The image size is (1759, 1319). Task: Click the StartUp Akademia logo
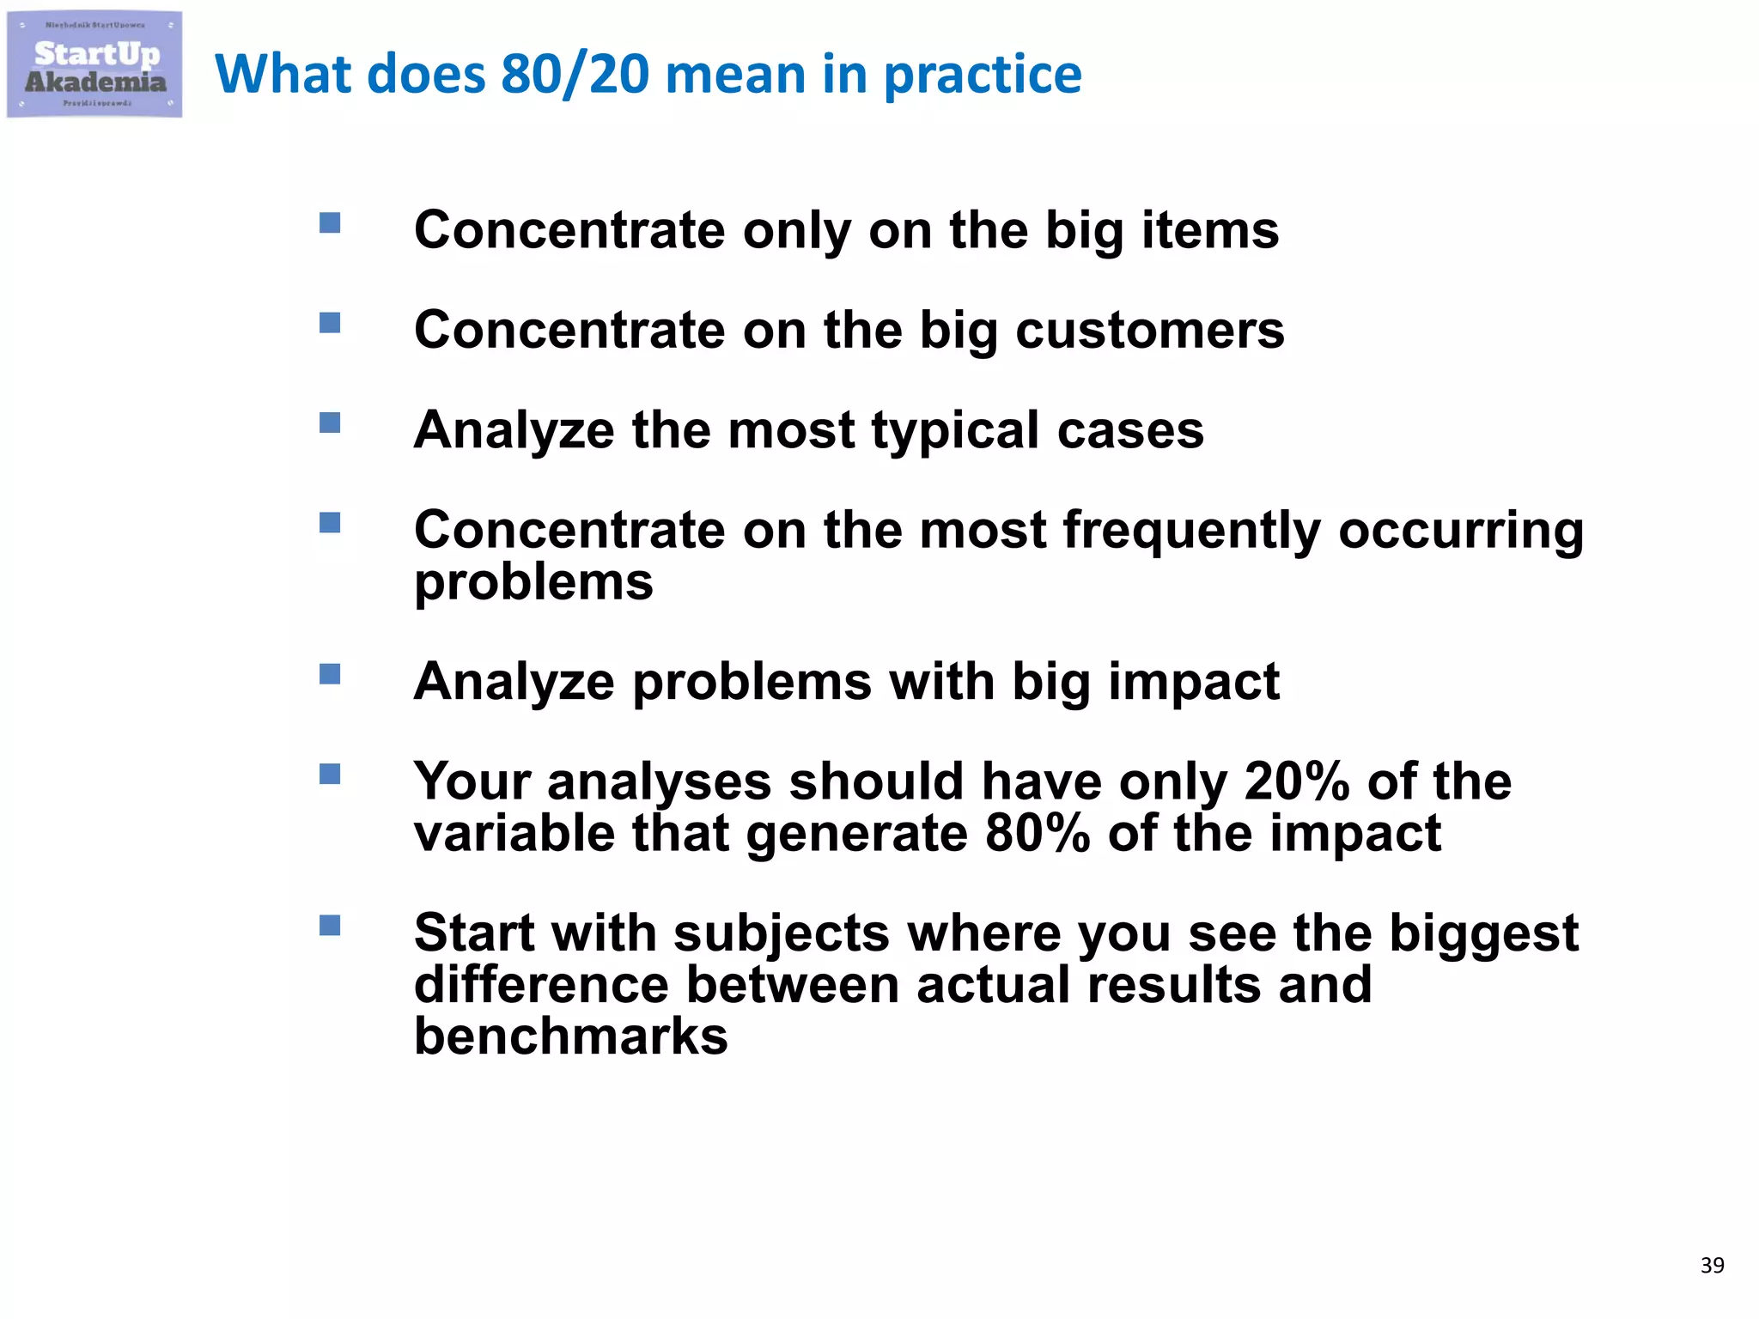pyautogui.click(x=94, y=65)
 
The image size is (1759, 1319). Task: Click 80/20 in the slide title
pyautogui.click(x=575, y=74)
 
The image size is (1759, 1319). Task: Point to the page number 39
pyautogui.click(x=1712, y=1265)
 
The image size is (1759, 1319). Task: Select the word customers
pyautogui.click(x=1149, y=331)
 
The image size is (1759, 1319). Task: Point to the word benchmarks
pyautogui.click(x=570, y=1036)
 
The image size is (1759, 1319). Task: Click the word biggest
pyautogui.click(x=1483, y=934)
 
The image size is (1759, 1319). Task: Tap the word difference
pyautogui.click(x=541, y=985)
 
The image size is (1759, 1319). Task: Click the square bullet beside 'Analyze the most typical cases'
pyautogui.click(x=330, y=422)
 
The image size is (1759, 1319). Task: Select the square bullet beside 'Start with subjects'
pyautogui.click(x=330, y=925)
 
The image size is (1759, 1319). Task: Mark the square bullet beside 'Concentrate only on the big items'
pyautogui.click(x=330, y=223)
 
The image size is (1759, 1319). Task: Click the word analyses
pyautogui.click(x=659, y=781)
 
